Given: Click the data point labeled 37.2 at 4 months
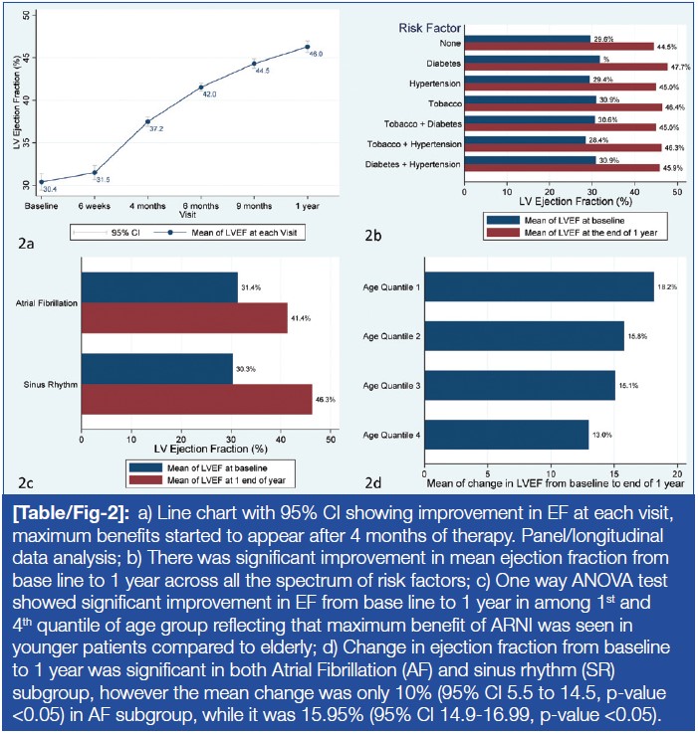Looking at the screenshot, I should coord(148,121).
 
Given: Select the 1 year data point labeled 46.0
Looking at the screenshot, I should coord(308,47).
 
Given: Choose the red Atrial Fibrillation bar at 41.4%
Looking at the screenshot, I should coord(183,318).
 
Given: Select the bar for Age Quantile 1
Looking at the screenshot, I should coord(539,286).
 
